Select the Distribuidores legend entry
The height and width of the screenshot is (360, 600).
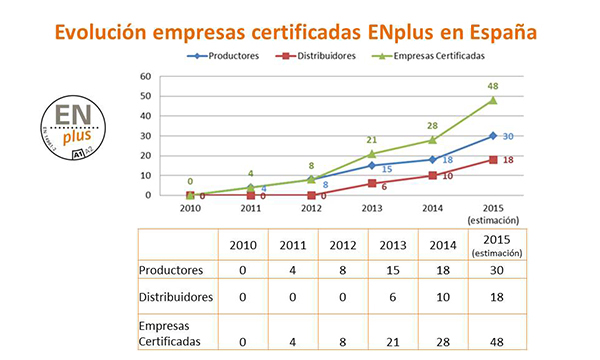(x=320, y=57)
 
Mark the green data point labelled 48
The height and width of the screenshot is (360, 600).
(x=493, y=100)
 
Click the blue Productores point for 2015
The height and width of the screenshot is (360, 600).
(x=493, y=136)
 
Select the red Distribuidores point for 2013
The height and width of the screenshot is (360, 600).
(x=371, y=183)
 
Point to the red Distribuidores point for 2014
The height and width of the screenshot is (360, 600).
(x=432, y=175)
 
